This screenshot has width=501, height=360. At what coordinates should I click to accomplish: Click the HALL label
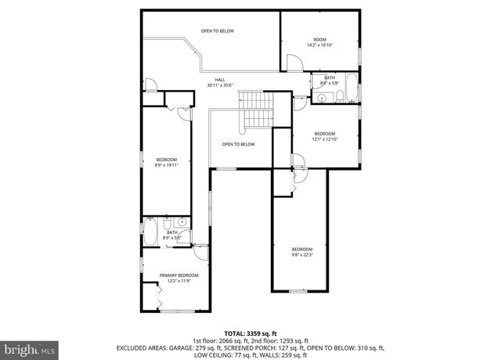point(220,80)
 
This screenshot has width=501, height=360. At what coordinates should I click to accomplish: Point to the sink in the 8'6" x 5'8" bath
point(322,97)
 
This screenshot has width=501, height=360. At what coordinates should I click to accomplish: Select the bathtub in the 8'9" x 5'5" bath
point(150,232)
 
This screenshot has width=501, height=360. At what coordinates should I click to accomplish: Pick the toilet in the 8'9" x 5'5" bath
point(182,239)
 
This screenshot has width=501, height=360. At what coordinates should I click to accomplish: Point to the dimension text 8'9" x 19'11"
point(167,165)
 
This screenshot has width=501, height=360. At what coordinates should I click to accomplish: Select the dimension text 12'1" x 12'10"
point(325,139)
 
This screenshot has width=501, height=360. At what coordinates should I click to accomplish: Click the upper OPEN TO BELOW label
point(217,31)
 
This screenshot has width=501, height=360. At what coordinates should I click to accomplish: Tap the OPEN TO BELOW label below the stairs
point(238,144)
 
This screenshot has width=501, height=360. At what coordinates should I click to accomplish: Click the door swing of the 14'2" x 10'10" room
point(292,63)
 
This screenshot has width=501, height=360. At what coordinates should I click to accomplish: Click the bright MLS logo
point(28,345)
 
